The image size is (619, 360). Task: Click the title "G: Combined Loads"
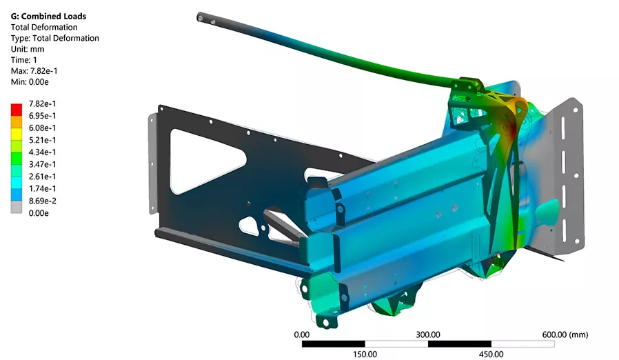(x=48, y=16)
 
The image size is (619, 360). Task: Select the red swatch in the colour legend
(x=16, y=110)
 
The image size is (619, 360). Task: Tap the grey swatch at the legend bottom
(x=16, y=208)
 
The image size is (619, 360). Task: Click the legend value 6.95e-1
(x=42, y=116)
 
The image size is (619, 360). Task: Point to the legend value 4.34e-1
(x=42, y=152)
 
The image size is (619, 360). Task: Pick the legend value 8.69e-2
(x=42, y=201)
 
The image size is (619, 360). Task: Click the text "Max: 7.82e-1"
(x=34, y=71)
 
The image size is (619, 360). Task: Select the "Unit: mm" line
(x=28, y=49)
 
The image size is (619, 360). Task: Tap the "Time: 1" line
(x=23, y=60)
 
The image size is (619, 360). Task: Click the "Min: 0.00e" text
(x=30, y=82)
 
